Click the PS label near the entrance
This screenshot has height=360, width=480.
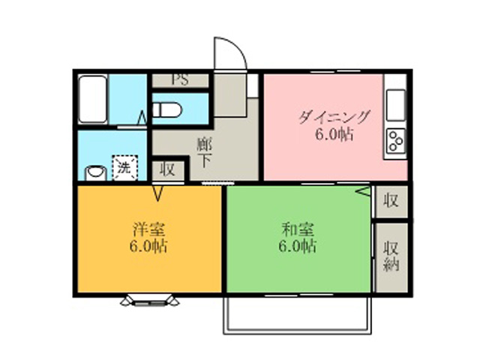(180, 80)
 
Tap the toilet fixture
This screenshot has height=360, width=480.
(167, 109)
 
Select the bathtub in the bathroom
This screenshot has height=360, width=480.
(92, 99)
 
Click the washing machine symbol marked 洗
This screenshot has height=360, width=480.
(125, 167)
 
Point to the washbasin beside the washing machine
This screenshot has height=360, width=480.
(96, 173)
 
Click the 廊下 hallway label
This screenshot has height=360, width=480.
(205, 153)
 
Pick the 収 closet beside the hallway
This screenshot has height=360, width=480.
(168, 169)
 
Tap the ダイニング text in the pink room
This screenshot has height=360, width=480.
(334, 117)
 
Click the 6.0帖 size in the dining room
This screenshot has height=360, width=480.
(334, 134)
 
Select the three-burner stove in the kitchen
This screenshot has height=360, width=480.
(396, 141)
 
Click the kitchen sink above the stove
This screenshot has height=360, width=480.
(396, 105)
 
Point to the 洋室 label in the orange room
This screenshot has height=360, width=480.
(149, 229)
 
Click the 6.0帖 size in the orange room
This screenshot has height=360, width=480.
(148, 246)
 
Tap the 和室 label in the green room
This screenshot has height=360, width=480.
(298, 229)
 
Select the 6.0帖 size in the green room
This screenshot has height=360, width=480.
(297, 246)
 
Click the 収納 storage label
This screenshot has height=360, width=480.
(391, 256)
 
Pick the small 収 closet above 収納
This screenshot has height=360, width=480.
(391, 201)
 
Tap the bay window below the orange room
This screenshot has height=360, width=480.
(150, 300)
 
